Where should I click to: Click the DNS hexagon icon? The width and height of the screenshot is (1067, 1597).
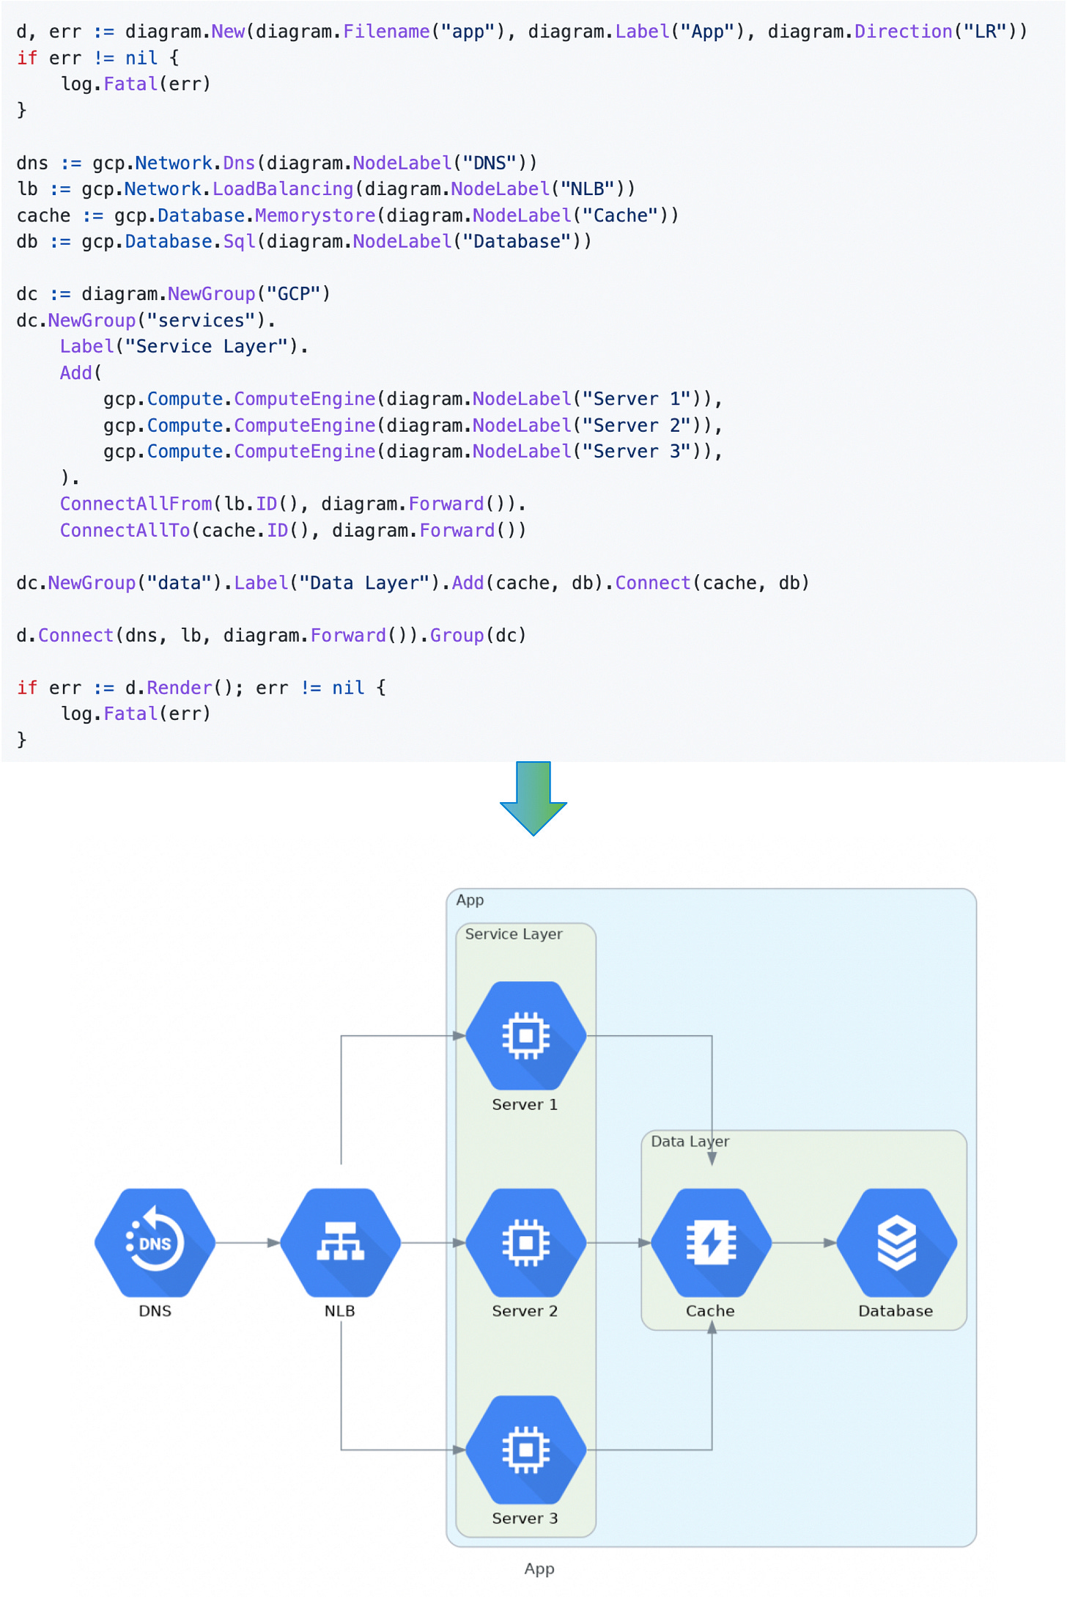pos(155,1242)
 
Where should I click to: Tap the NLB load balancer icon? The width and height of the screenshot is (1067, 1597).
pos(340,1242)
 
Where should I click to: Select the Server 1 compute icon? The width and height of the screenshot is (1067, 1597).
pos(525,1035)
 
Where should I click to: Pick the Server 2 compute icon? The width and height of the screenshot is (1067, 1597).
pos(525,1242)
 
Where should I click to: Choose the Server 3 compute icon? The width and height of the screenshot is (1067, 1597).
pos(525,1449)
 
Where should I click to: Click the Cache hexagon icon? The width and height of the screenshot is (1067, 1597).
pos(711,1242)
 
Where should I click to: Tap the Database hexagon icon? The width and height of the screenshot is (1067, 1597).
pos(896,1242)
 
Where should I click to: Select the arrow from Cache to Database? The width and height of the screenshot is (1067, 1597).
pos(804,1243)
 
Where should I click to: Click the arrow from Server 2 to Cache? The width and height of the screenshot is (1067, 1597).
pos(619,1243)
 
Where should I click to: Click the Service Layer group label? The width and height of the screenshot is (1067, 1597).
pos(513,933)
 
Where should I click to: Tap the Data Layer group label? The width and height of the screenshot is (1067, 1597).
pos(690,1141)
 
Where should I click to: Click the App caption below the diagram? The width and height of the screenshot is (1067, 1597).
pos(539,1568)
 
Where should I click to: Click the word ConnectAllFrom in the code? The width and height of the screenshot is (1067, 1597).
pos(136,504)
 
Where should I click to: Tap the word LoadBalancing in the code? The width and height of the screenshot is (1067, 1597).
pos(283,189)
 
